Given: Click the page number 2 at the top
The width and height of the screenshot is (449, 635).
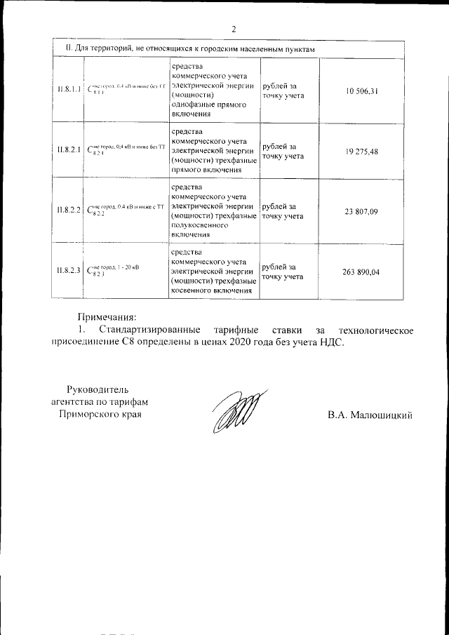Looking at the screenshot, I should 234,29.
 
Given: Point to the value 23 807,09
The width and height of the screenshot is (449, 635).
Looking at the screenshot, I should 362,211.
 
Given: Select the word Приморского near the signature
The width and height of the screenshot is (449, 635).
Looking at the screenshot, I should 86,415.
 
